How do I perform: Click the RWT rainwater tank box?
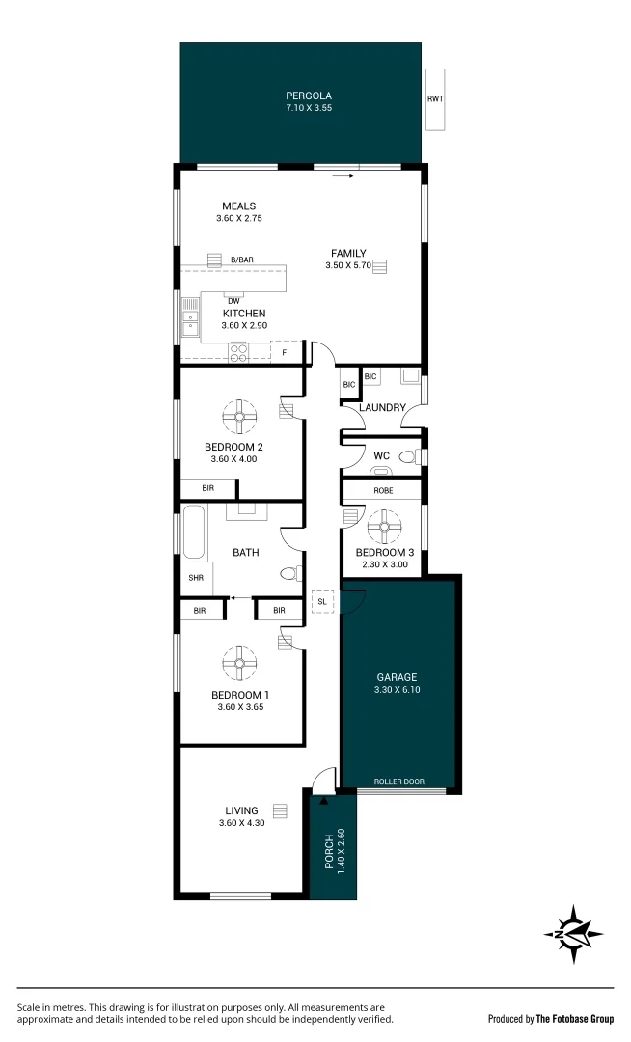pos(436,99)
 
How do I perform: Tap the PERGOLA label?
pos(308,96)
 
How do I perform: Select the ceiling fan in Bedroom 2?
pos(240,418)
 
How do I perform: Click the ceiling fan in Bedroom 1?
pos(240,663)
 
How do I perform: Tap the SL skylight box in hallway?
pos(322,601)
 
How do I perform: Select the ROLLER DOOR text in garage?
pos(399,781)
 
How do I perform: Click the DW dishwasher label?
pos(233,299)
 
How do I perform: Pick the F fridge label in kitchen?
pos(284,353)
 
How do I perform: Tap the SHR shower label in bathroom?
pos(196,579)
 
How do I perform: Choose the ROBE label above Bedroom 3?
pos(383,490)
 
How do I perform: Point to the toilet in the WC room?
pos(408,457)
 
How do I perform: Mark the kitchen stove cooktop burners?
pos(238,353)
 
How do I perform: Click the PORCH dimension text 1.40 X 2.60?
pos(341,851)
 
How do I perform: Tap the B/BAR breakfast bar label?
pos(241,260)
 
